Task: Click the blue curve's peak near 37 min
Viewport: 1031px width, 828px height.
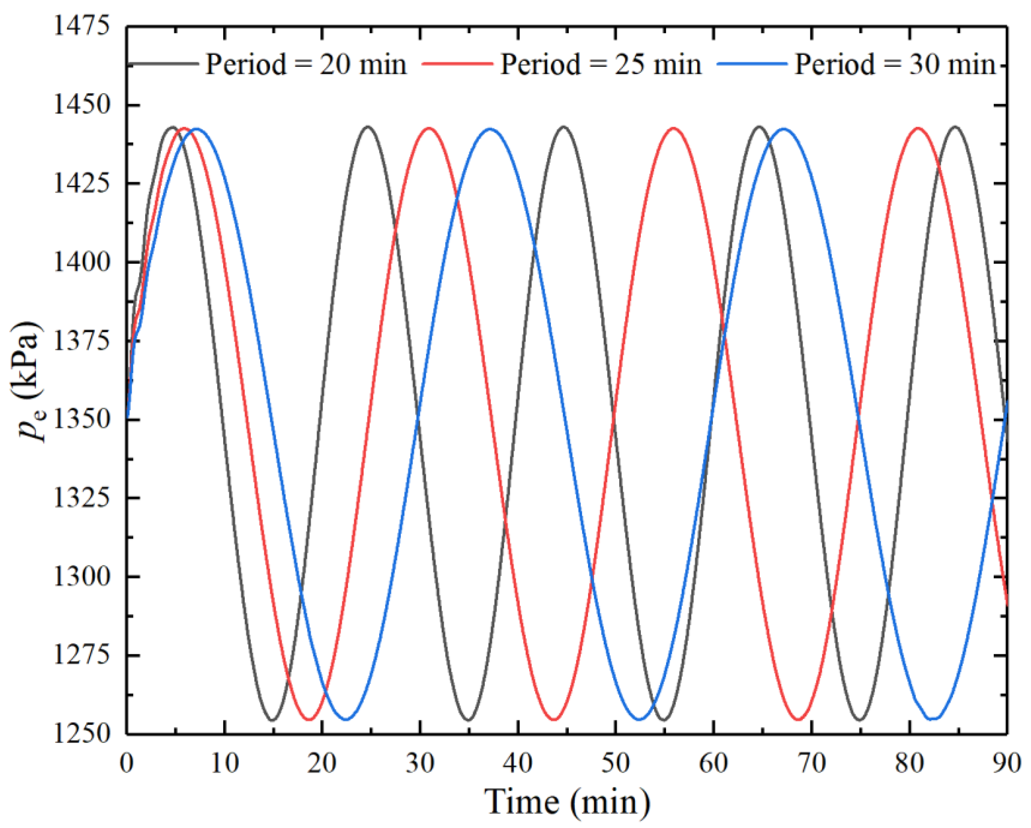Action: [490, 129]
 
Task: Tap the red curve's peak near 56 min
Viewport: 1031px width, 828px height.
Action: [674, 128]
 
